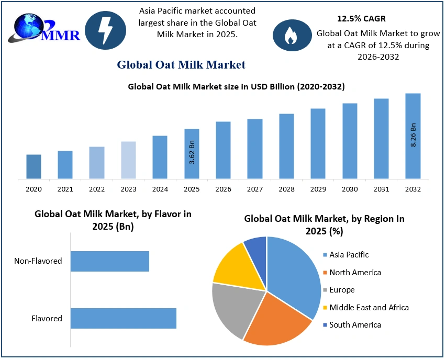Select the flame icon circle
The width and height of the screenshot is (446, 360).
289,34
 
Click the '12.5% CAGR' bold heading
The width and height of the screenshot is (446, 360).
361,19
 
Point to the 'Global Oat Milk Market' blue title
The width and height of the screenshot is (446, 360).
181,65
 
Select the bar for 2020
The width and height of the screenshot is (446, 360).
34,166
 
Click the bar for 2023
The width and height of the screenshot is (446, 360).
128,160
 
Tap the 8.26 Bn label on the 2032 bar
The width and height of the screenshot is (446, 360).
413,135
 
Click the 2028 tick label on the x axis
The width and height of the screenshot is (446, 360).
286,188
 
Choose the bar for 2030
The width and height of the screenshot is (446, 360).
350,141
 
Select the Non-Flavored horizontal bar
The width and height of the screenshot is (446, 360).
110,261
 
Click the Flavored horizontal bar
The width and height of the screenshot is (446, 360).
124,318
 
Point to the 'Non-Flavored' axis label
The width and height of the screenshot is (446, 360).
38,261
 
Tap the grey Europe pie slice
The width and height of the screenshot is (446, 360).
232,309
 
